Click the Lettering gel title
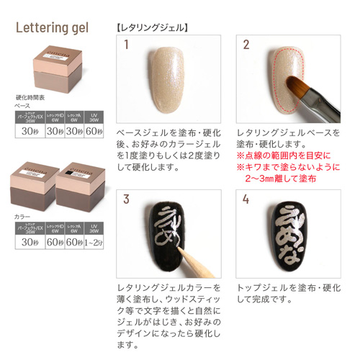[x=52, y=29]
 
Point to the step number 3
[x=126, y=199]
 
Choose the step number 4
[x=246, y=199]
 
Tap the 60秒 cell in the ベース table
[x=94, y=132]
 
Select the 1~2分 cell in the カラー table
[x=94, y=242]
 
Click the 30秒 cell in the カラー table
[x=30, y=242]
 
